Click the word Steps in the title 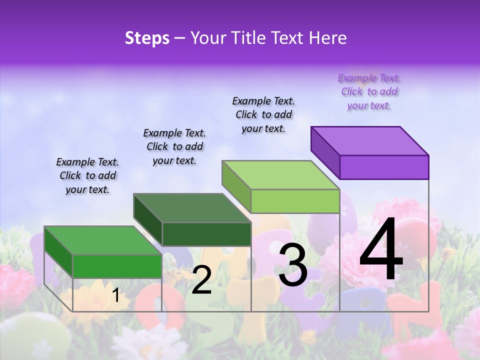pos(147,38)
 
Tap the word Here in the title pos(328,38)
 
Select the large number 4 pos(381,250)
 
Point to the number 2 pos(201,280)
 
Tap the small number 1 pos(115,295)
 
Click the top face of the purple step pos(370,140)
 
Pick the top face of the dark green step pos(192,208)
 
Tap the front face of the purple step pos(384,167)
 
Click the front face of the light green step pos(295,201)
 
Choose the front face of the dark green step pos(206,234)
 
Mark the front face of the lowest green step pos(117,266)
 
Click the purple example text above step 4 pos(369,92)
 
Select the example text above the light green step pos(263,115)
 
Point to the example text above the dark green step pos(174,147)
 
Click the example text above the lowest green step pos(87,176)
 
